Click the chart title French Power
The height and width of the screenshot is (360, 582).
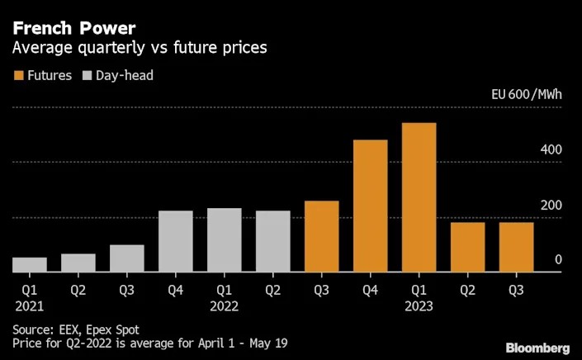point(74,28)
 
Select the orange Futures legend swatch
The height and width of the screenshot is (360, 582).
point(19,75)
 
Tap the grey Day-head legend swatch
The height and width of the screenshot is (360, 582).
point(88,75)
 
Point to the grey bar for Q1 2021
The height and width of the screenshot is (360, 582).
point(29,264)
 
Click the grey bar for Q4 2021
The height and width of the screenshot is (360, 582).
point(175,240)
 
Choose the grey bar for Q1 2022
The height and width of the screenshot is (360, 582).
point(224,239)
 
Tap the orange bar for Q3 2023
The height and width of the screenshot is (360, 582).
point(516,246)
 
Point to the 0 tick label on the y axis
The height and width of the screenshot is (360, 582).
point(558,260)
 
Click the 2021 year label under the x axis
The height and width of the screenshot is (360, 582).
point(28,306)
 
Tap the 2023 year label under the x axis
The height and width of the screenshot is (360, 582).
point(419,306)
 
